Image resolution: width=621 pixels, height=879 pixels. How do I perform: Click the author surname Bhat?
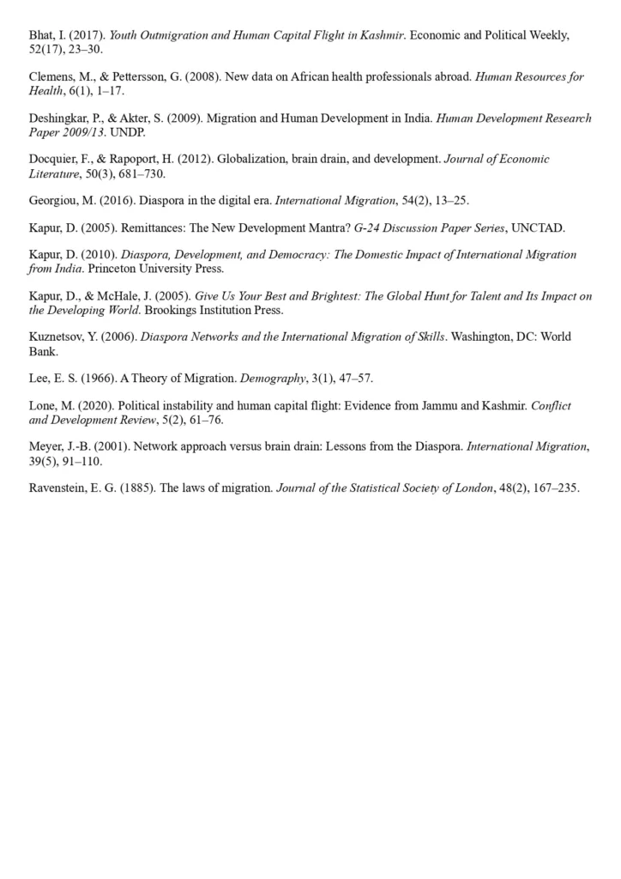click(41, 35)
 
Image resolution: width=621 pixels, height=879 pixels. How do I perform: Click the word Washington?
click(485, 336)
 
